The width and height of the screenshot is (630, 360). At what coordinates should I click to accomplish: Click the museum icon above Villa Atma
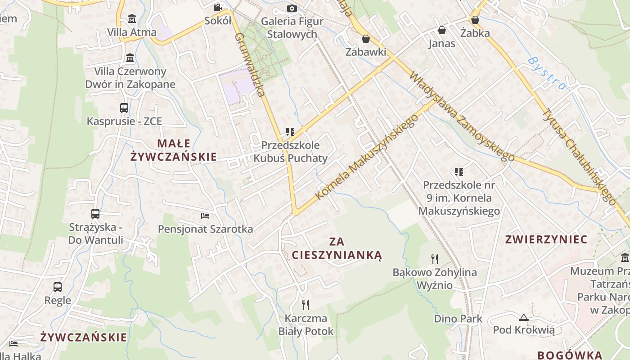point(132,19)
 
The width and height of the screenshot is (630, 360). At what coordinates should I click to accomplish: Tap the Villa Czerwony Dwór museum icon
point(130,58)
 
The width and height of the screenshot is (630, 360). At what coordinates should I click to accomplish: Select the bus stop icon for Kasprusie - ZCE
point(124,108)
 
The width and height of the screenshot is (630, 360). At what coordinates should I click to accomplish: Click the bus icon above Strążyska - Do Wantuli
point(95,214)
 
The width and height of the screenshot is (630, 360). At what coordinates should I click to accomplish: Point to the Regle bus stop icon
point(58,287)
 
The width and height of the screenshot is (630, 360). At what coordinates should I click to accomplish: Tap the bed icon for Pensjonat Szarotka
point(205,216)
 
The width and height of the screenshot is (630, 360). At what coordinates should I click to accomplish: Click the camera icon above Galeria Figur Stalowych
point(292,8)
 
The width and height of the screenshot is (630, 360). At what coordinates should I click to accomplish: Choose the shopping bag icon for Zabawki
point(366,39)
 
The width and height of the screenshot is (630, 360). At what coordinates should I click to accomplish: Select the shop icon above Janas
point(442,30)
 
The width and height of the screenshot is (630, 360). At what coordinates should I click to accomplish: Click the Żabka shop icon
point(475,20)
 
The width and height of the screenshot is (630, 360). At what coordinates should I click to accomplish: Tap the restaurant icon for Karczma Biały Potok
point(306,305)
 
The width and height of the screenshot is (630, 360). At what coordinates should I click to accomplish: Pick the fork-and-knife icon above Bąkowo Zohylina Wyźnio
point(434,259)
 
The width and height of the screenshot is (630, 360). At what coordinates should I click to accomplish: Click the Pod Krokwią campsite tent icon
point(523,317)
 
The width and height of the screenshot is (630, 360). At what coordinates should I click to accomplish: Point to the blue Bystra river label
point(546,73)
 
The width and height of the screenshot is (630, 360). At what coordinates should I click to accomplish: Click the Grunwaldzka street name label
point(248,65)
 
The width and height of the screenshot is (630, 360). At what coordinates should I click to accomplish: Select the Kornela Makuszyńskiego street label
point(367,157)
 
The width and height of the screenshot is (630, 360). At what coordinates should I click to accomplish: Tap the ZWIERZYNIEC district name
point(546,239)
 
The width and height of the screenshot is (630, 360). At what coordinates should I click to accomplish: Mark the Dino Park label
point(458,319)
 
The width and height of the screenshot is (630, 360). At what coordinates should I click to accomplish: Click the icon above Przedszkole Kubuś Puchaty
point(290,132)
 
